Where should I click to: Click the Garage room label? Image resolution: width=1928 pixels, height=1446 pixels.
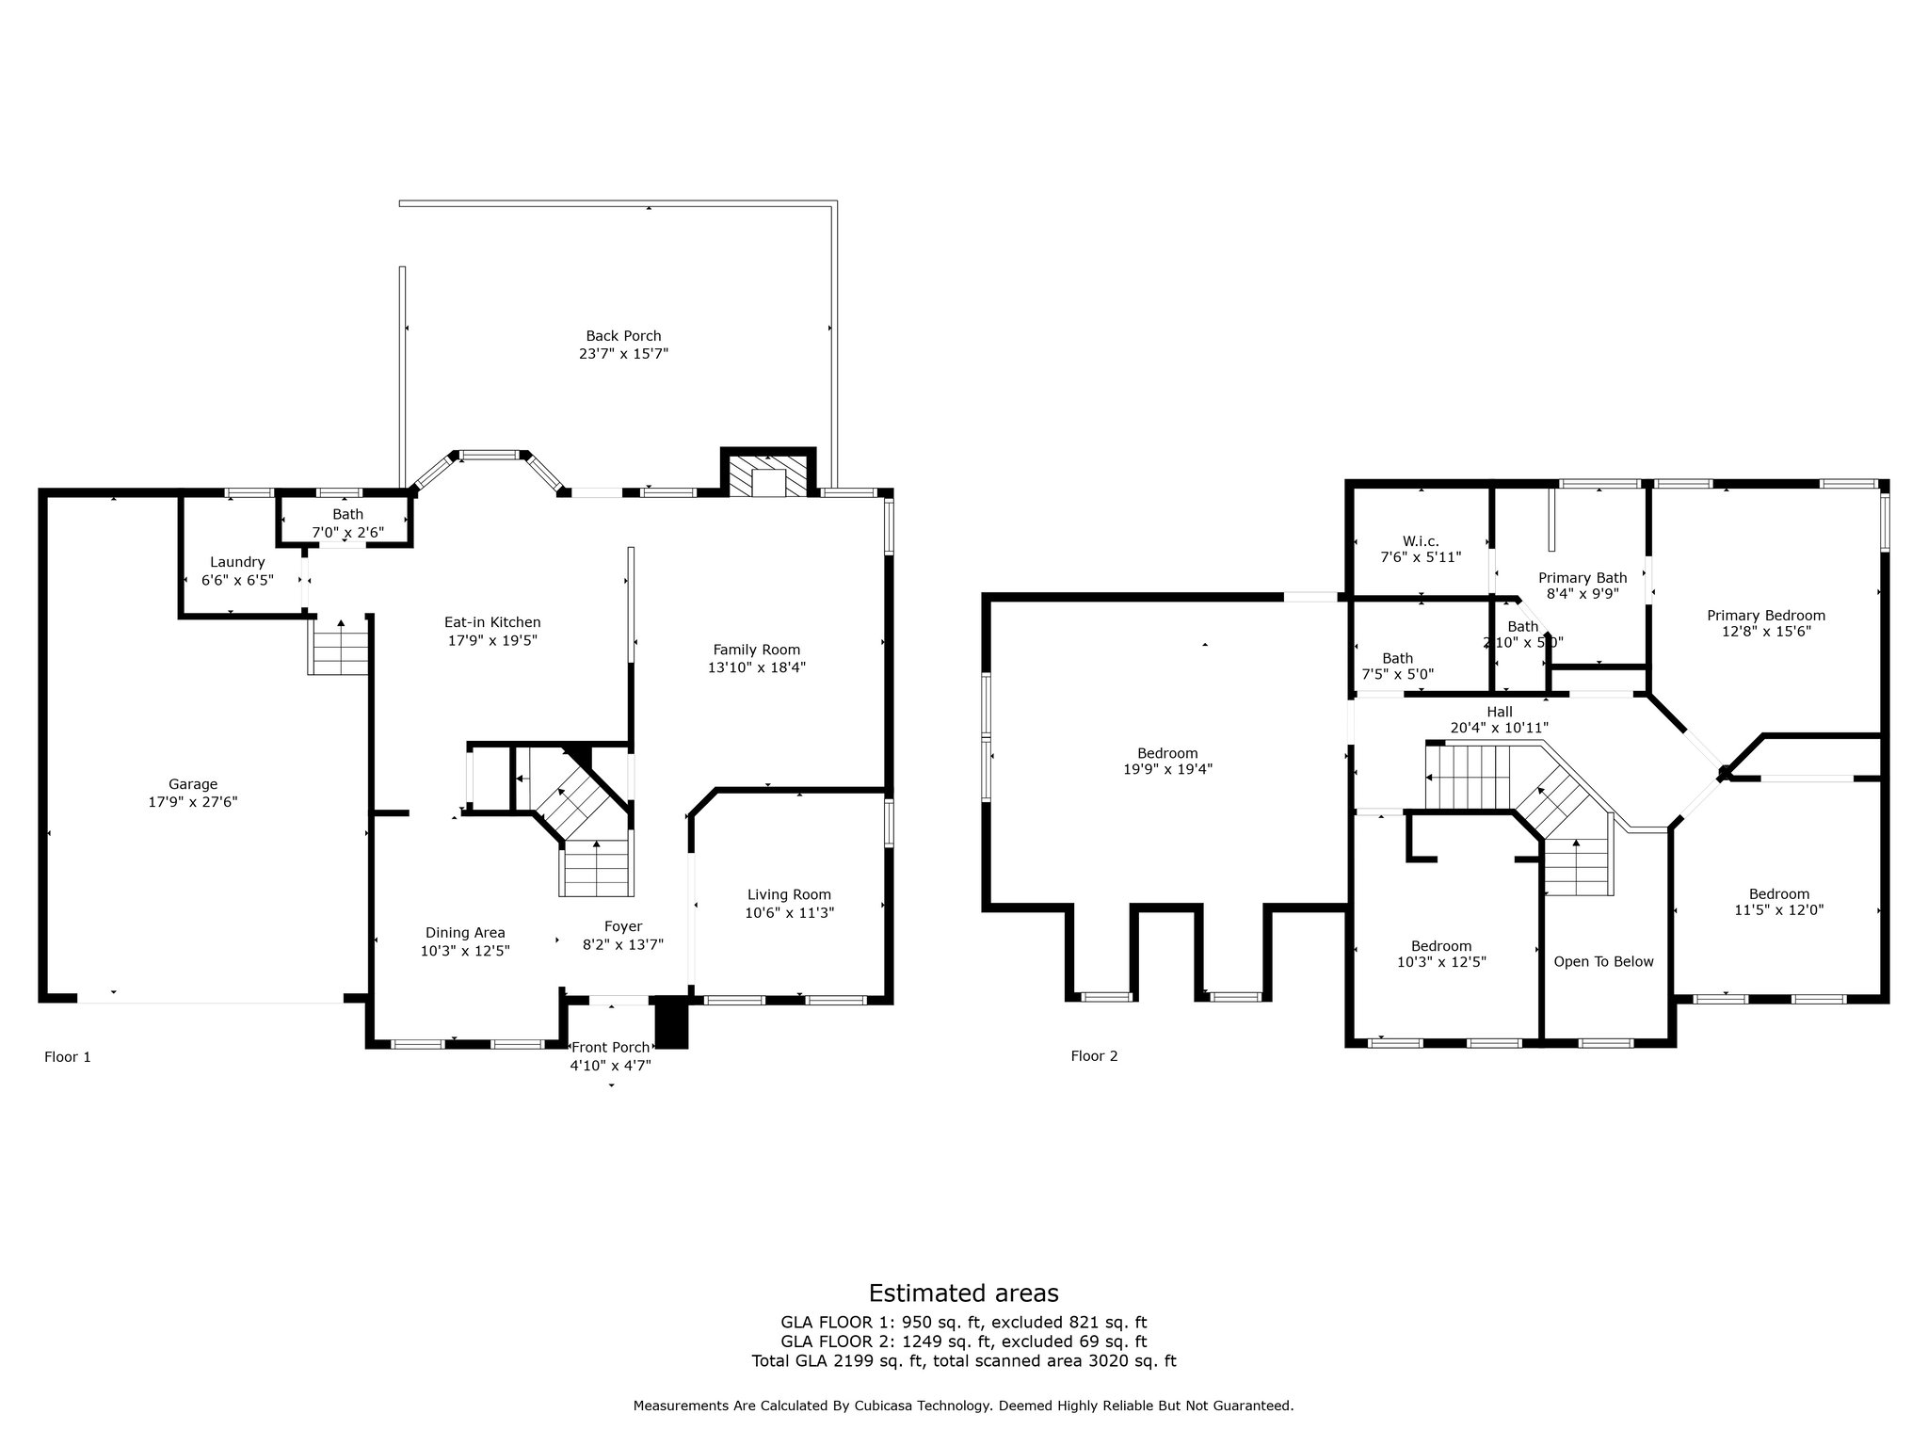[x=193, y=784]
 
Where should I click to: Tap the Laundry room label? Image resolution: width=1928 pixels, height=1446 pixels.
[x=237, y=562]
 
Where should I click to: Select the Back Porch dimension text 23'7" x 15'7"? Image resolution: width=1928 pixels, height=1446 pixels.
[x=623, y=354]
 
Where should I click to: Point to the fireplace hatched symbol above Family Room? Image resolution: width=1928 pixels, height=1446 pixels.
[x=769, y=475]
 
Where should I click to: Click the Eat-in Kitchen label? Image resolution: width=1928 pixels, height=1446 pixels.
[x=492, y=622]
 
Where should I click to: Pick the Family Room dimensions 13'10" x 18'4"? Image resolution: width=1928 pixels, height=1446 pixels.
[x=757, y=667]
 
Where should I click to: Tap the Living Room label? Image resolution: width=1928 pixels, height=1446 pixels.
[x=789, y=894]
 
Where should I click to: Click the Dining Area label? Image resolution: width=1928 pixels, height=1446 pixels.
[x=465, y=933]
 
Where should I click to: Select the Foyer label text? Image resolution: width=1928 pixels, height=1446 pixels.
[x=623, y=927]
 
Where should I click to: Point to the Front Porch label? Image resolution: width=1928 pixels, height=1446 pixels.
[x=610, y=1048]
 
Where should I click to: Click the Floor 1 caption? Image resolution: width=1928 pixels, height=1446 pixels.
[x=68, y=1057]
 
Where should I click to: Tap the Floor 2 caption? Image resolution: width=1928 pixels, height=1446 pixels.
[x=1094, y=1056]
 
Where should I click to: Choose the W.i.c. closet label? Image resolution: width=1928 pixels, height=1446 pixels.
[x=1421, y=541]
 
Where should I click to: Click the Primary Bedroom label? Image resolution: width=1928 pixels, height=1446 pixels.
[x=1766, y=616]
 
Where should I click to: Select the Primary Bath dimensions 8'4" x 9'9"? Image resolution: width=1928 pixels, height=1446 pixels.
[x=1583, y=594]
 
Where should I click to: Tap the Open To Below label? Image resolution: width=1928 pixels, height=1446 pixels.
[x=1603, y=961]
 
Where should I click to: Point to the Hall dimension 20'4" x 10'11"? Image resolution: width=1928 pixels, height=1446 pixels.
[x=1500, y=728]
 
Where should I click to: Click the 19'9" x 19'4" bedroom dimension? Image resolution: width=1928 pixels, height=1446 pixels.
[x=1167, y=769]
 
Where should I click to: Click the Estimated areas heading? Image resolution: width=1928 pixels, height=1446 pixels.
[x=963, y=1293]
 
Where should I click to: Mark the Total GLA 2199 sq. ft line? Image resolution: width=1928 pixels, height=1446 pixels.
[x=964, y=1360]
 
